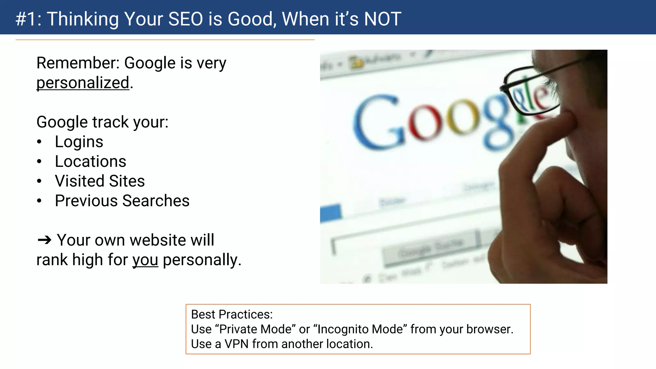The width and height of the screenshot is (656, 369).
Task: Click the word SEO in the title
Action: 185,19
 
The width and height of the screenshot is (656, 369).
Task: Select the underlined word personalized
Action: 83,83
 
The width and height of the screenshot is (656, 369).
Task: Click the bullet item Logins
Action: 79,142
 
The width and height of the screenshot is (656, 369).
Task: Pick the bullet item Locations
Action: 90,161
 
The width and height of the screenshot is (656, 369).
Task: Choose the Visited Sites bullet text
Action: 100,181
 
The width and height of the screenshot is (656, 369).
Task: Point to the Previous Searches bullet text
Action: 122,201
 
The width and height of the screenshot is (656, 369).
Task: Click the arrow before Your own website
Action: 44,240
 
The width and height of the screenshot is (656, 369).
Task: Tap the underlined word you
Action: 145,260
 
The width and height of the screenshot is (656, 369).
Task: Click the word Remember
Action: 78,63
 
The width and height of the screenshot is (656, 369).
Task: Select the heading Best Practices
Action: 232,315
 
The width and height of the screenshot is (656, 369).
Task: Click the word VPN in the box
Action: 236,344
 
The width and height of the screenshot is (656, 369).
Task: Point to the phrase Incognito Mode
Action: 360,329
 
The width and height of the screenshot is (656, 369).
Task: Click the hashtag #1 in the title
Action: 28,19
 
